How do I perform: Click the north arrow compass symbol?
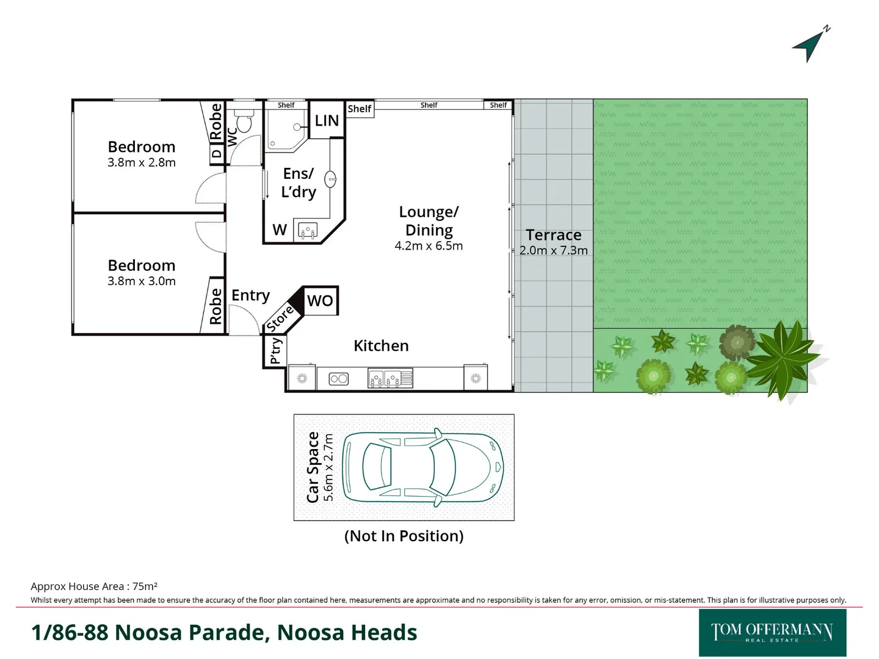(810, 46)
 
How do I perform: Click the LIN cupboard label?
(327, 121)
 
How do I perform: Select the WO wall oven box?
(320, 301)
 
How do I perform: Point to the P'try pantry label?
(275, 351)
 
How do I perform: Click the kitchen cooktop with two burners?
(338, 379)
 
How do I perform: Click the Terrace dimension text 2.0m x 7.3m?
(553, 250)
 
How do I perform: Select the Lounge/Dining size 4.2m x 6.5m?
(429, 246)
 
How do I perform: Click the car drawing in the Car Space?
(423, 467)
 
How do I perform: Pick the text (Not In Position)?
(403, 536)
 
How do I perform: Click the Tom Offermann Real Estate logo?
(772, 633)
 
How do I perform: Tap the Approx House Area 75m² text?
(94, 586)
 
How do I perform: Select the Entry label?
(250, 295)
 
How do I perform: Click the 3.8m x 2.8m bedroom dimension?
(142, 163)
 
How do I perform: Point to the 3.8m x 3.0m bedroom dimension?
(142, 281)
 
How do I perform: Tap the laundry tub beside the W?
(308, 231)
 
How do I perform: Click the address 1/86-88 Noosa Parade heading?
(224, 633)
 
